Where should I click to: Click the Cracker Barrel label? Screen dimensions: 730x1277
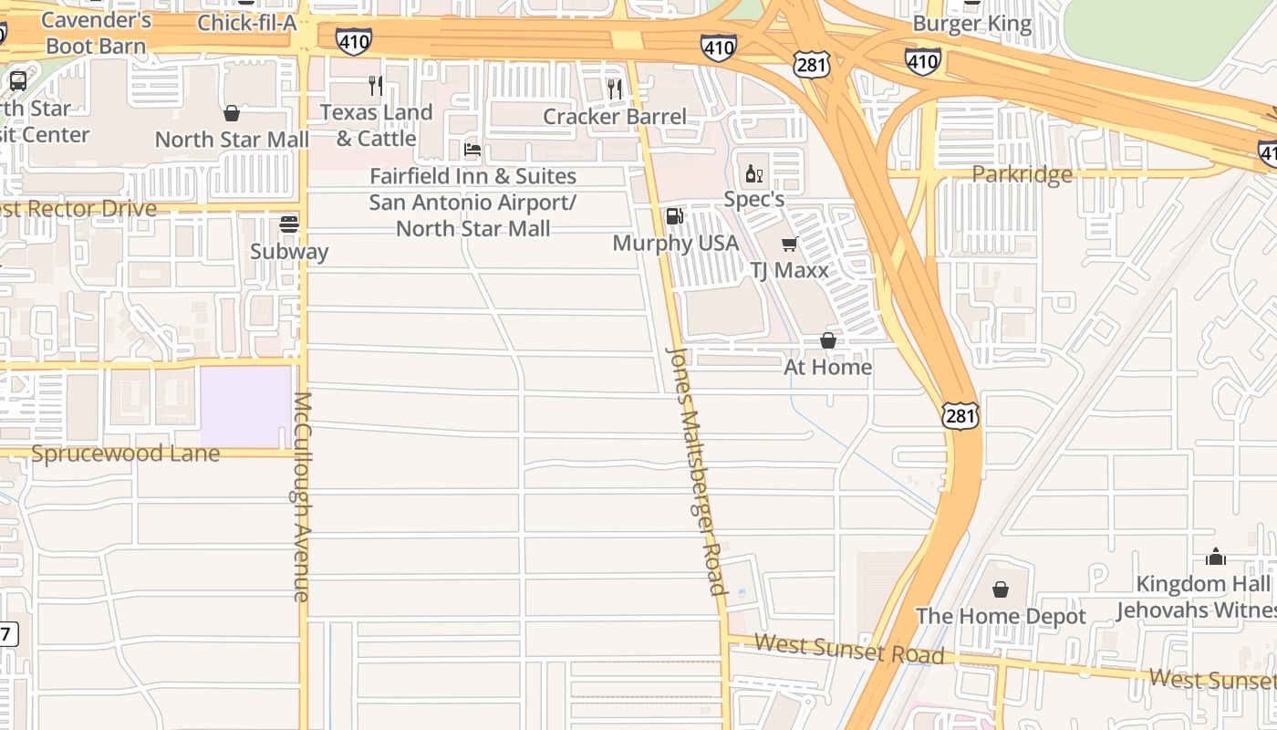[x=615, y=117]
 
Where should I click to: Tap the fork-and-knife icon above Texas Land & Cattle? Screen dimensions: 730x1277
[x=376, y=86]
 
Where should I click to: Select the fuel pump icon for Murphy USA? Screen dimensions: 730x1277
[x=674, y=216]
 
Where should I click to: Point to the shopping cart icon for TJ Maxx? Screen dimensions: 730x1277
[x=790, y=244]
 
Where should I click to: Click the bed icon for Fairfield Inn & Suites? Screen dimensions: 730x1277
[x=472, y=149]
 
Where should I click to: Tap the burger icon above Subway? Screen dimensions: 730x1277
[x=289, y=224]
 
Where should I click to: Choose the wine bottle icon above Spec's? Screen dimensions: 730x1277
[x=753, y=173]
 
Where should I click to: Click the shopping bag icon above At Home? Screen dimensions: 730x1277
[x=828, y=340]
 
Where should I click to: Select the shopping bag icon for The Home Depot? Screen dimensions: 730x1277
[x=1001, y=589]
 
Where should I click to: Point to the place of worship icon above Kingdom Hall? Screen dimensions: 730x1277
[x=1216, y=557]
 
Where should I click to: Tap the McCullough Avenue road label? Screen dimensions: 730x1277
[x=303, y=497]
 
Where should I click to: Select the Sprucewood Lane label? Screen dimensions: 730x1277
[x=126, y=454]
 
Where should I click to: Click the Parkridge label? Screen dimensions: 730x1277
[x=1022, y=174]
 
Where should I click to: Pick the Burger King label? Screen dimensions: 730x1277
[x=972, y=25]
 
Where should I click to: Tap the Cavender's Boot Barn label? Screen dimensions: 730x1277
[x=96, y=33]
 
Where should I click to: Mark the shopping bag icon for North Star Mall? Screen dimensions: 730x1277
[x=232, y=113]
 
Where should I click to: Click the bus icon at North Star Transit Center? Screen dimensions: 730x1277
[x=18, y=80]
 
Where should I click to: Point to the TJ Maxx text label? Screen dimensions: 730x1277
[x=789, y=270]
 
